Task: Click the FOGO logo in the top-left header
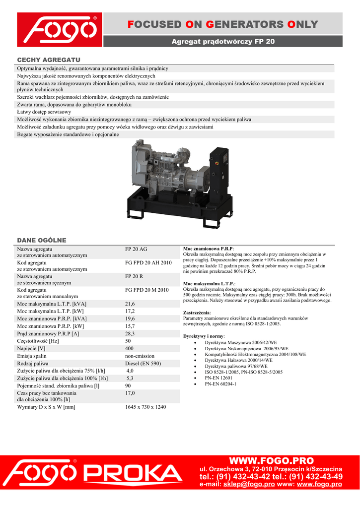[59, 30]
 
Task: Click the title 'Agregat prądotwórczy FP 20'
[223, 42]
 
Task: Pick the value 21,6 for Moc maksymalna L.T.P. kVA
[130, 304]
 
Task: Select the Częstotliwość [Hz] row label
[38, 341]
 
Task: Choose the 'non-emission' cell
[140, 356]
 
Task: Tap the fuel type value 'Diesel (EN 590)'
[143, 364]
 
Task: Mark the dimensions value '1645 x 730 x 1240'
[145, 407]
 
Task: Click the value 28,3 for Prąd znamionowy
[130, 334]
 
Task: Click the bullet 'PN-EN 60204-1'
[220, 384]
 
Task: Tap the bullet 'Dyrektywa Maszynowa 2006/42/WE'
[241, 343]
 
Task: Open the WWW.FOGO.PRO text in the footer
[271, 460]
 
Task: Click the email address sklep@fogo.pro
[249, 484]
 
